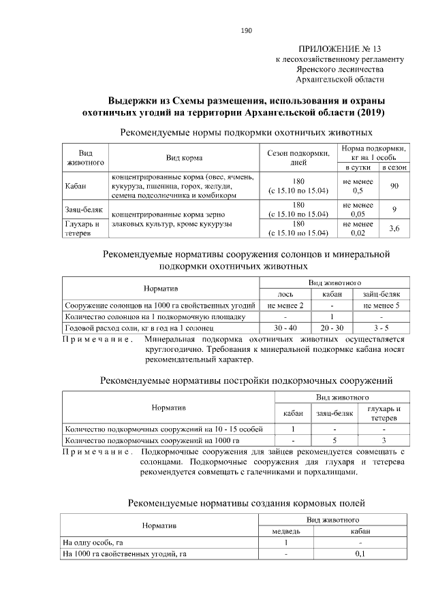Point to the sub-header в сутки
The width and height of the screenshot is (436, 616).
coord(358,167)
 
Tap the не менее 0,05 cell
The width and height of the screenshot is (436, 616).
coord(358,210)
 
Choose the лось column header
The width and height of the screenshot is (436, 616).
coord(285,294)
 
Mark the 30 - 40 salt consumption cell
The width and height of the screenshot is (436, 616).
coord(285,328)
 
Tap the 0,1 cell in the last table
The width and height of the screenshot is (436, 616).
coord(360,554)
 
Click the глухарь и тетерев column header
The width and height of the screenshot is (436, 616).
coord(384,412)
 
